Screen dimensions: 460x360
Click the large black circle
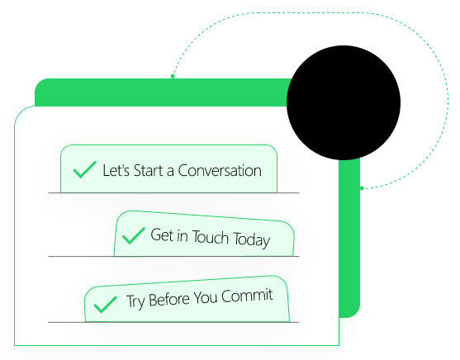click(x=344, y=102)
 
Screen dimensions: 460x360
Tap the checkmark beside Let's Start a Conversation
click(x=84, y=169)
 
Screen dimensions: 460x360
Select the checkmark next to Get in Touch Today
click(x=134, y=235)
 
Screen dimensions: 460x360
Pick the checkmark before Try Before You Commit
click(x=105, y=304)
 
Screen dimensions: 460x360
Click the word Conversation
click(x=220, y=170)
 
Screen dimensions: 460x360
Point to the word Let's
click(x=116, y=170)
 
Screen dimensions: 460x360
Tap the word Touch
click(x=211, y=237)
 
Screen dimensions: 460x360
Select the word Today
click(x=251, y=240)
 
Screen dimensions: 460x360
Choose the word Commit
click(x=247, y=296)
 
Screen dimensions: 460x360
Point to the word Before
click(x=169, y=300)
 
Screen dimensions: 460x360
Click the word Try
click(x=135, y=302)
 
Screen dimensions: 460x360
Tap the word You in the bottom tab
click(x=205, y=298)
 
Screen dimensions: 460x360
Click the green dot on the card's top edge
click(x=173, y=76)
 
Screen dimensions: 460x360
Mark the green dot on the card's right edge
click(x=362, y=188)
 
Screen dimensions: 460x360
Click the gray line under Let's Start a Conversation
click(x=173, y=193)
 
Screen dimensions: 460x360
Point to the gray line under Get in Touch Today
click(x=173, y=257)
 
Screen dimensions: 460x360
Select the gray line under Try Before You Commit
click(x=173, y=322)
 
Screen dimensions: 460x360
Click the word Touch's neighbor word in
click(x=183, y=235)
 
